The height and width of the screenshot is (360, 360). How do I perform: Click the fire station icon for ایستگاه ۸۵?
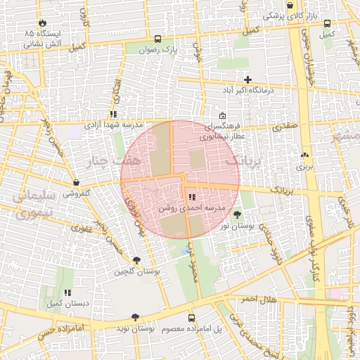[x=43, y=22]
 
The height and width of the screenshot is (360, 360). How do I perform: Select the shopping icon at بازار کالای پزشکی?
[x=290, y=5]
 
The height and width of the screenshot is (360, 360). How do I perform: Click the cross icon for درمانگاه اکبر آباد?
[x=247, y=79]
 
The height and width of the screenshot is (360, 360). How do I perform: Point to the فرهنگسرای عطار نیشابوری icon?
[x=223, y=116]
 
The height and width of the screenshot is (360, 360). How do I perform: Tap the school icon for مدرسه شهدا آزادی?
[x=113, y=114]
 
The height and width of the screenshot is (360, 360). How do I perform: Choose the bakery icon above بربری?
[x=304, y=155]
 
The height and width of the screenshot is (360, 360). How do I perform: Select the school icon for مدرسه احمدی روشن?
[x=191, y=198]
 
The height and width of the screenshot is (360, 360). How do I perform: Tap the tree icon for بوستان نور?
[x=236, y=214]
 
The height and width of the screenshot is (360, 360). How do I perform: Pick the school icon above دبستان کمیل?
[x=67, y=292]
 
